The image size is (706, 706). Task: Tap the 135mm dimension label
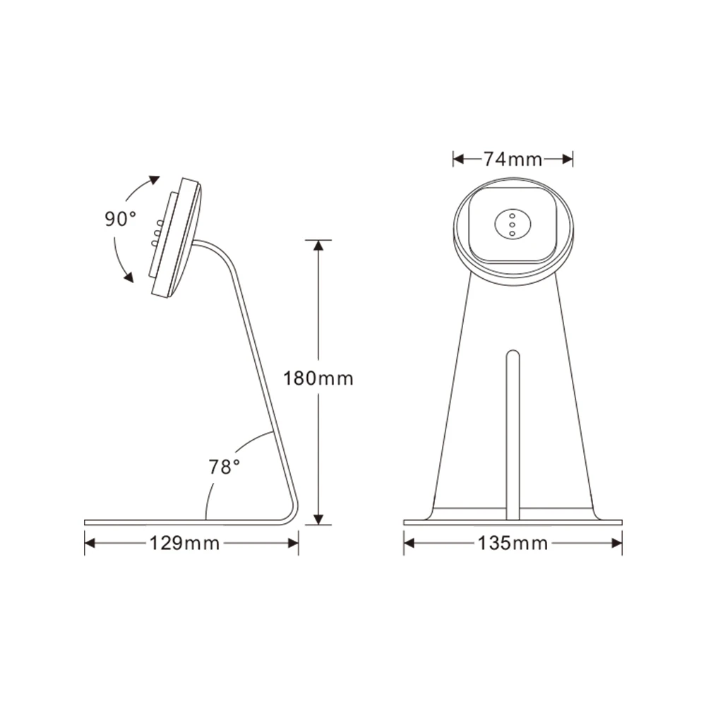[513, 543]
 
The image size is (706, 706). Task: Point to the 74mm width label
[513, 160]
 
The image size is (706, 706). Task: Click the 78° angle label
[225, 467]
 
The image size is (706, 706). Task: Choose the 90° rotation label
[121, 219]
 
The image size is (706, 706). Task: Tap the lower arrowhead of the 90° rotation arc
[128, 277]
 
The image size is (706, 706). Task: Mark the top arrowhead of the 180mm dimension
[318, 245]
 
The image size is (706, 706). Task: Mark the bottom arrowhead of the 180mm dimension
[318, 520]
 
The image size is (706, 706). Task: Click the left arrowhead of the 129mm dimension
[90, 543]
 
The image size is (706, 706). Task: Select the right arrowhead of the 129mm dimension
[294, 543]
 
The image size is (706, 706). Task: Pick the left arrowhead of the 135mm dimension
[409, 543]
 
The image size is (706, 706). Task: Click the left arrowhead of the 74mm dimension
[457, 160]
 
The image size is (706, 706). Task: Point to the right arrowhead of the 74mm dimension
[568, 160]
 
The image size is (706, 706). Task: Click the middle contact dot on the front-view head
[513, 225]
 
